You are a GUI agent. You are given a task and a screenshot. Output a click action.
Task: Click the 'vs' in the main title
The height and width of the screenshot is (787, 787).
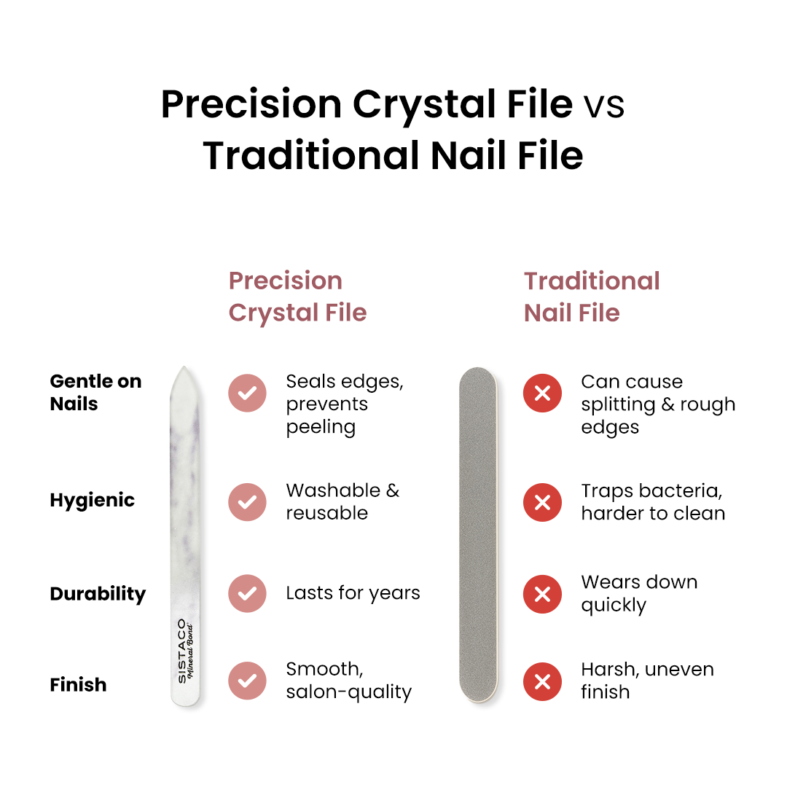603,106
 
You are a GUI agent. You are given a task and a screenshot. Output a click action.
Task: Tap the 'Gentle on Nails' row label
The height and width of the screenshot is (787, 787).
95,392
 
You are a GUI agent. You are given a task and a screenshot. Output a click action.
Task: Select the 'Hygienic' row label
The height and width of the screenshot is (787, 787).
93,500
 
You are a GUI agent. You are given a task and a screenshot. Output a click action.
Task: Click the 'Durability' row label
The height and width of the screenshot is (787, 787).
98,594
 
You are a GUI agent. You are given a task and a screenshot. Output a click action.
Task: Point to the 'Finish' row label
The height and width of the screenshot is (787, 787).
78,684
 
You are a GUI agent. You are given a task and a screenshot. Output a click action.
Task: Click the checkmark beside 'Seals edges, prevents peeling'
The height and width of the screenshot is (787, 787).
247,393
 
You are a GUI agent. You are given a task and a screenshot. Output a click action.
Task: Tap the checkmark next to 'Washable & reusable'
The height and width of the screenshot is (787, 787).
247,501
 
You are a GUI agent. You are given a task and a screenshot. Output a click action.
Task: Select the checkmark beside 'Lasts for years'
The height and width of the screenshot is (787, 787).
247,593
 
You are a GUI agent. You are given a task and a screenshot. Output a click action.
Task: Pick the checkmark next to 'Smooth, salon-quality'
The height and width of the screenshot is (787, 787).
247,681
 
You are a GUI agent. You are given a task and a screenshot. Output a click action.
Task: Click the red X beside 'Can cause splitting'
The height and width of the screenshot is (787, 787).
542,393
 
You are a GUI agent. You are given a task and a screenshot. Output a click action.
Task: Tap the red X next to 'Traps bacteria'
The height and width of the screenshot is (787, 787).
542,501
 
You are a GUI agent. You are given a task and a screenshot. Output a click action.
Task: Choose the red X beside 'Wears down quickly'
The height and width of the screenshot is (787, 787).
542,593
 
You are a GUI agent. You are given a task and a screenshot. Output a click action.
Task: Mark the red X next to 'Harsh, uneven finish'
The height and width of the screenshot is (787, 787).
542,681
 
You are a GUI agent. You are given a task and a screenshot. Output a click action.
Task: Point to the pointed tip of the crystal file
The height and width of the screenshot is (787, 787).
185,370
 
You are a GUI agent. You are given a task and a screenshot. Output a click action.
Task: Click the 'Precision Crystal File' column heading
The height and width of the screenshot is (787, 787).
297,297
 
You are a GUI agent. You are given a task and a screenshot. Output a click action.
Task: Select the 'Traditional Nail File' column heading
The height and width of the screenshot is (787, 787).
592,297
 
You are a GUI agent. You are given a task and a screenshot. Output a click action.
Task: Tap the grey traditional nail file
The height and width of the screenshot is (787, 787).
478,536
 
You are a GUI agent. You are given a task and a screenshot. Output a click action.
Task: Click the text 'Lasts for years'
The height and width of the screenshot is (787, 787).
353,593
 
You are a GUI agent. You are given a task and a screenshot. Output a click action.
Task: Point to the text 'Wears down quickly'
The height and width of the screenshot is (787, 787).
639,593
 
